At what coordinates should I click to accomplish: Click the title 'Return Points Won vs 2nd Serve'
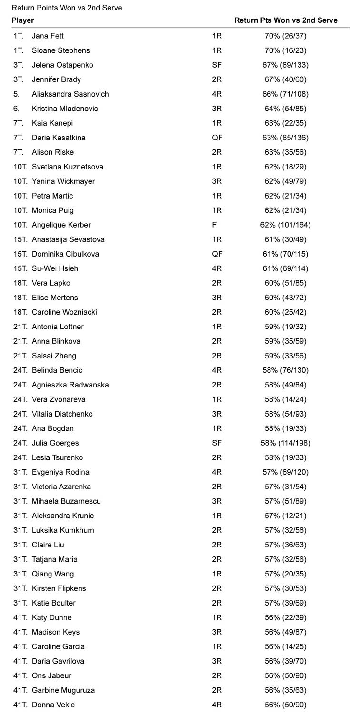click(67, 8)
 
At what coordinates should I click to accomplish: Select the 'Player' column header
click(22, 20)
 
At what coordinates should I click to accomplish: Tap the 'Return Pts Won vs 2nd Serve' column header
click(286, 20)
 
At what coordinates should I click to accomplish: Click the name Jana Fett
click(48, 36)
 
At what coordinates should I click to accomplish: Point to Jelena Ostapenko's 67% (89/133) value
click(286, 65)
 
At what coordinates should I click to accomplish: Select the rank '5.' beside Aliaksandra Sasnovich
click(17, 94)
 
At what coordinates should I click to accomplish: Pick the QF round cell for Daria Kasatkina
click(217, 138)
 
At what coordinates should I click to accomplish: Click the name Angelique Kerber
click(61, 225)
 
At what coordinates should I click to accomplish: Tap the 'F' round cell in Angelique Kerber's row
click(214, 225)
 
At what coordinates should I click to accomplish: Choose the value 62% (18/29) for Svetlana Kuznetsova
click(286, 167)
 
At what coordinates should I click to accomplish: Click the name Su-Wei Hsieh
click(55, 268)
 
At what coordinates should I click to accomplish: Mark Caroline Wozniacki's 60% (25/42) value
click(286, 312)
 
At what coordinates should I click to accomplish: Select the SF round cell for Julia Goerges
click(217, 443)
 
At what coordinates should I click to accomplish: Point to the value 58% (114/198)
click(286, 443)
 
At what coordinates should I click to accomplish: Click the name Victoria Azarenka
click(61, 487)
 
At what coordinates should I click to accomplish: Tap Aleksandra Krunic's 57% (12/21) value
click(286, 516)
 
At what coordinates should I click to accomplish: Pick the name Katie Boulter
click(53, 603)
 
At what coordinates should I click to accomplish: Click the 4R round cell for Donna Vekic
click(217, 705)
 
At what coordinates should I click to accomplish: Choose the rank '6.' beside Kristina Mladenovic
click(17, 109)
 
